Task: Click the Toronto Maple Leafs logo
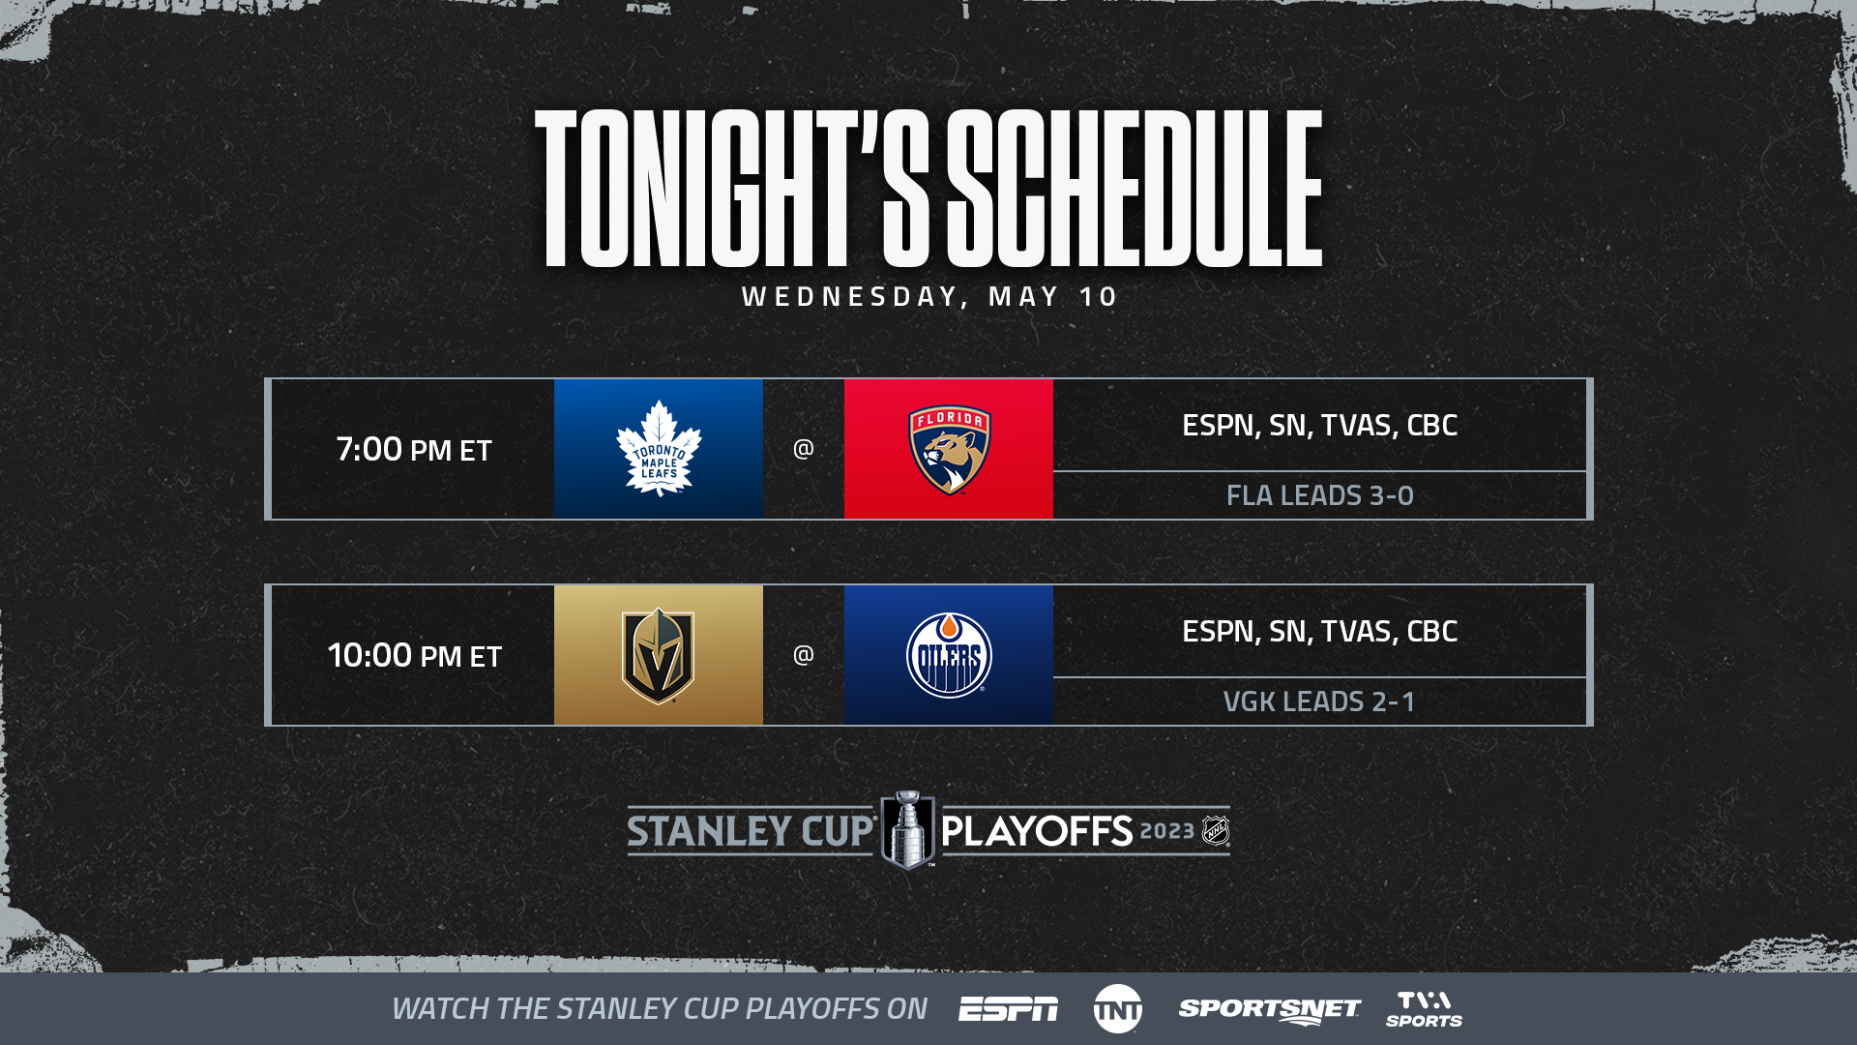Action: point(659,448)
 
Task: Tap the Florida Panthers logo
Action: point(949,449)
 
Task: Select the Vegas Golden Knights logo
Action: point(659,655)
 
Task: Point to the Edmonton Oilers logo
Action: point(949,655)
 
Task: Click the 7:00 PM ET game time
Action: point(414,449)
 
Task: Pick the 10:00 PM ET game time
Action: point(414,655)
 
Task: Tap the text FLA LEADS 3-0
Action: point(1320,495)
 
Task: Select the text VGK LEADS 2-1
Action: point(1319,702)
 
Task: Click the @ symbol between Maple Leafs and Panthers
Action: point(804,449)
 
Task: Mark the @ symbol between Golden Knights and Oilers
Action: point(804,655)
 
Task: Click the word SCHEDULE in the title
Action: point(1135,188)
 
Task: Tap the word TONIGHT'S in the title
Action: point(732,188)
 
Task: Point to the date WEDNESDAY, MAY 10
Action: point(929,296)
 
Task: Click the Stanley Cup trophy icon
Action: point(907,830)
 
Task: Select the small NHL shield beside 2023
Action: point(1216,830)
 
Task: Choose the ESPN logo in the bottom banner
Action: point(1008,1009)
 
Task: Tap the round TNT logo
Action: point(1118,1009)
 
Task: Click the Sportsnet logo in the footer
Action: point(1270,1010)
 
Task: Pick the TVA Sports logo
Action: point(1425,1009)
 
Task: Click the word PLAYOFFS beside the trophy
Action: point(1037,831)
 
